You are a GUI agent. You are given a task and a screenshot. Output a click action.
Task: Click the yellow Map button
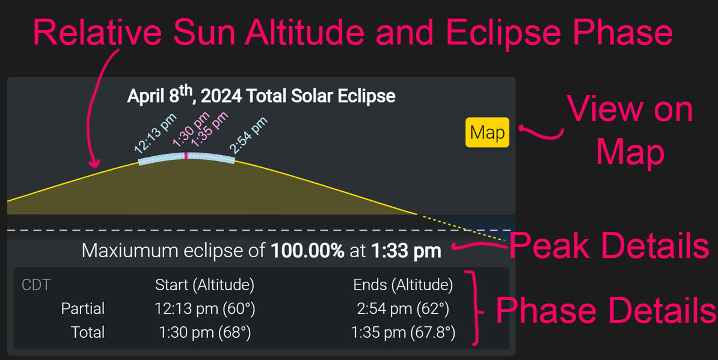pos(487,132)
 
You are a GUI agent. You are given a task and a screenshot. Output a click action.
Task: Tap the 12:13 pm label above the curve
pos(155,133)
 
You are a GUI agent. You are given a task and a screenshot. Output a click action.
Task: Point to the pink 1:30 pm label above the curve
pos(191,129)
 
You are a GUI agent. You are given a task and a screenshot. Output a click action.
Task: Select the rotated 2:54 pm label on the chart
pos(248,135)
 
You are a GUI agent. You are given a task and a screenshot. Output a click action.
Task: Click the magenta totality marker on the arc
pos(186,156)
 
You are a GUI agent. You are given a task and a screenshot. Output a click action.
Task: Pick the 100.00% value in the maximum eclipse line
pos(307,251)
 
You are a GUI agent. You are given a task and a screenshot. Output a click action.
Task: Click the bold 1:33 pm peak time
pos(406,251)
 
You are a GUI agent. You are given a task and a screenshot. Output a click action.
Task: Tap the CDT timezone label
pos(36,285)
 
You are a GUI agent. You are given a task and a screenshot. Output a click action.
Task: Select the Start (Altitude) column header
pos(204,285)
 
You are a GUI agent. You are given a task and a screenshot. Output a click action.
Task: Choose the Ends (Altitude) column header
pos(403,285)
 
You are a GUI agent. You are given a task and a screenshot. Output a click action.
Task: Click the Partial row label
pos(83,309)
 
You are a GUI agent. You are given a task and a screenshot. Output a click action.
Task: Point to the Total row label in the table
pos(88,332)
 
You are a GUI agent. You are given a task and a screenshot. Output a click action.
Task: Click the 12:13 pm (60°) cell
pos(204,310)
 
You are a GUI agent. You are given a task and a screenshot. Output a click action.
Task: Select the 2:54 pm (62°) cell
pos(403,310)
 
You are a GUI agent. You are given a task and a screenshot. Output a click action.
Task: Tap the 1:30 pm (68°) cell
pos(204,333)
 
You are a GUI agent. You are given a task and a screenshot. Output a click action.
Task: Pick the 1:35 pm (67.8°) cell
pos(403,333)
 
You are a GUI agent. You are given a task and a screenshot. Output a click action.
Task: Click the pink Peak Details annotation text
pos(609,246)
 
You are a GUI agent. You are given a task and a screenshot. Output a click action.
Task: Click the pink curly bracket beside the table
pos(474,307)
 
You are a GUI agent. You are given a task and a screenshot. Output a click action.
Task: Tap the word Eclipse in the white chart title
pos(366,97)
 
